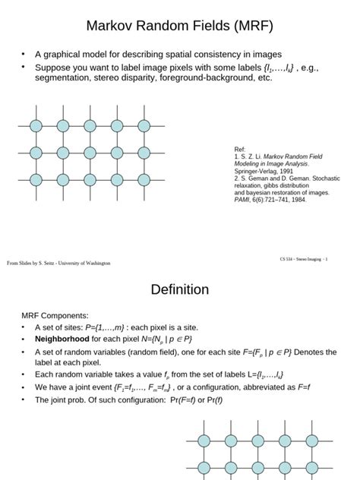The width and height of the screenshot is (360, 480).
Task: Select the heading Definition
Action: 180,289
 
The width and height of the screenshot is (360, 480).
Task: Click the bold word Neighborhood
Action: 62,339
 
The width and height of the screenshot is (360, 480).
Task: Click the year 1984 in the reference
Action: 295,201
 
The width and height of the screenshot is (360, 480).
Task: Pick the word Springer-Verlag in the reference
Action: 257,171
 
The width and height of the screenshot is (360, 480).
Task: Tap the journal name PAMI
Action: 242,201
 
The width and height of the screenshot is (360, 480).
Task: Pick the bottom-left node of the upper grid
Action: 36,179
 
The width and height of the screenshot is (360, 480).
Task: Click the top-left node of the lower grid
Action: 204,440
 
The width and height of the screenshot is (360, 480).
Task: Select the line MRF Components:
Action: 54,315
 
